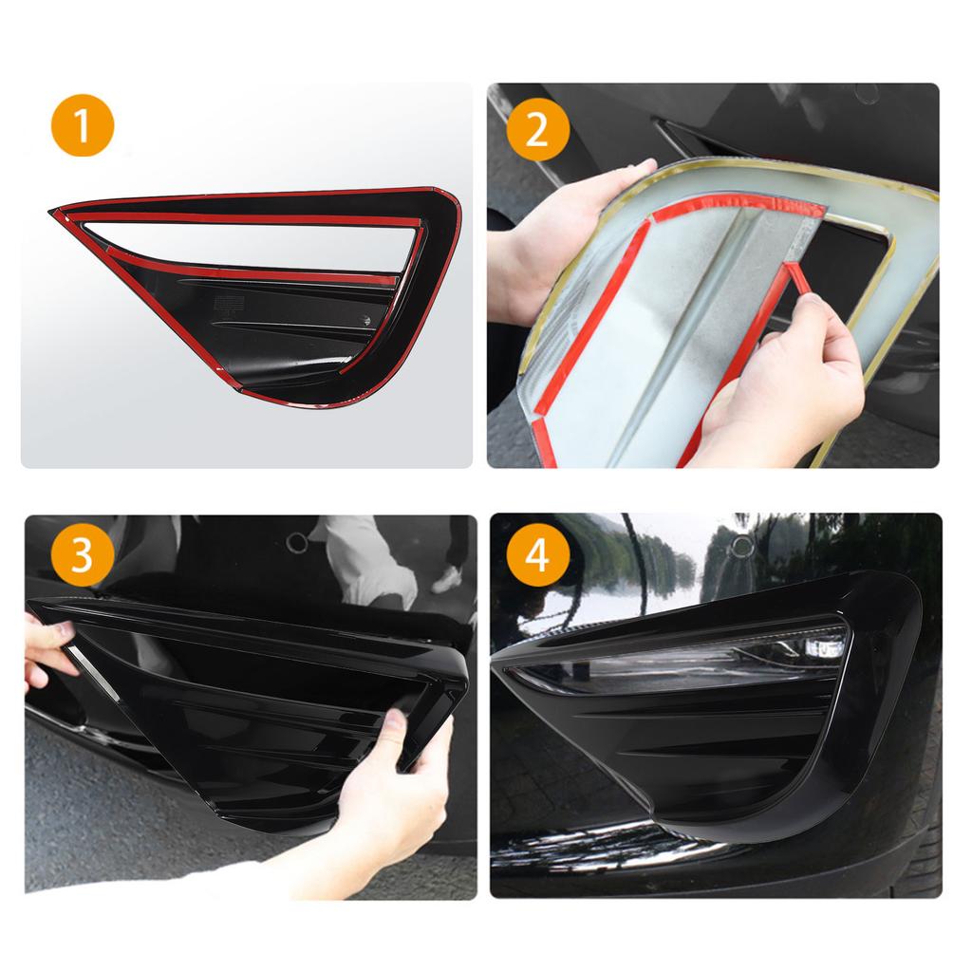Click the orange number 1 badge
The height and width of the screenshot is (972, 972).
point(83,126)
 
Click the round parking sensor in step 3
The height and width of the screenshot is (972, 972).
point(297,542)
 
